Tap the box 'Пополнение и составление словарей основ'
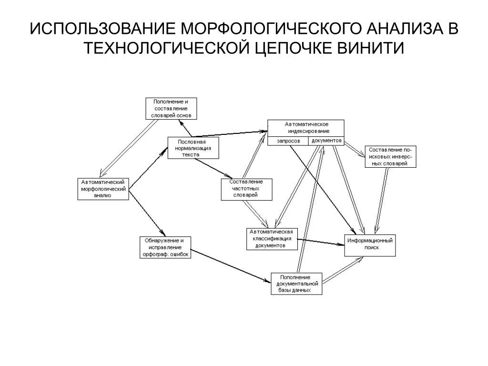(x=171, y=108)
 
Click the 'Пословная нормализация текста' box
(x=193, y=148)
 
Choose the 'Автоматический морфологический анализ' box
(x=103, y=189)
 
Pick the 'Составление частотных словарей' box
(x=246, y=189)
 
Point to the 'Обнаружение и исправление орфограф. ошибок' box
(x=164, y=247)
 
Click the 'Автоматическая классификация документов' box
(x=272, y=239)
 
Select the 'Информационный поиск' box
(x=370, y=245)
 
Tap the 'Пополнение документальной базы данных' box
(x=296, y=284)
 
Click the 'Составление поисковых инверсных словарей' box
(x=390, y=157)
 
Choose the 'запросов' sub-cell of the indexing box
(x=288, y=142)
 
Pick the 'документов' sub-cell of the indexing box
(x=326, y=141)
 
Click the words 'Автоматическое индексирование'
(x=308, y=128)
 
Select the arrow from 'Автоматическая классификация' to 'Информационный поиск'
(x=321, y=242)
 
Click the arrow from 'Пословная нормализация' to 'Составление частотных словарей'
(x=213, y=168)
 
